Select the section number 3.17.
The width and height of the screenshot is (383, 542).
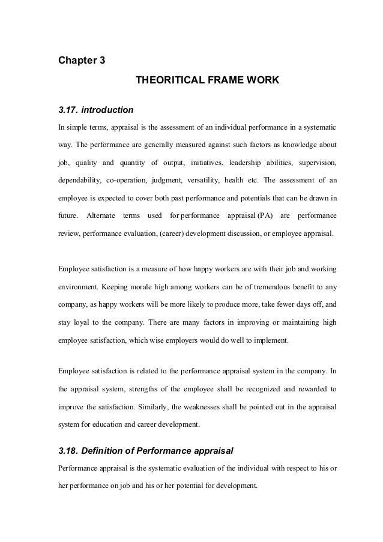pyautogui.click(x=67, y=110)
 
